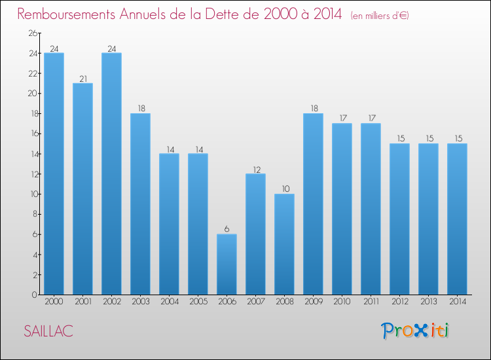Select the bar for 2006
(227, 264)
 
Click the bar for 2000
(54, 173)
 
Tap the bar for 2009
(313, 204)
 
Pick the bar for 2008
(284, 244)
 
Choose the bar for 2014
(457, 219)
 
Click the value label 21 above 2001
(82, 79)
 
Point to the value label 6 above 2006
(227, 230)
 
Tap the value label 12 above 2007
(255, 170)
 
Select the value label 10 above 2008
(284, 190)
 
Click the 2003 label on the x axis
(140, 302)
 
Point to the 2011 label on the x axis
(371, 302)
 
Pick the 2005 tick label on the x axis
(198, 302)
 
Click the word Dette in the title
(228, 14)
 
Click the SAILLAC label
(48, 331)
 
